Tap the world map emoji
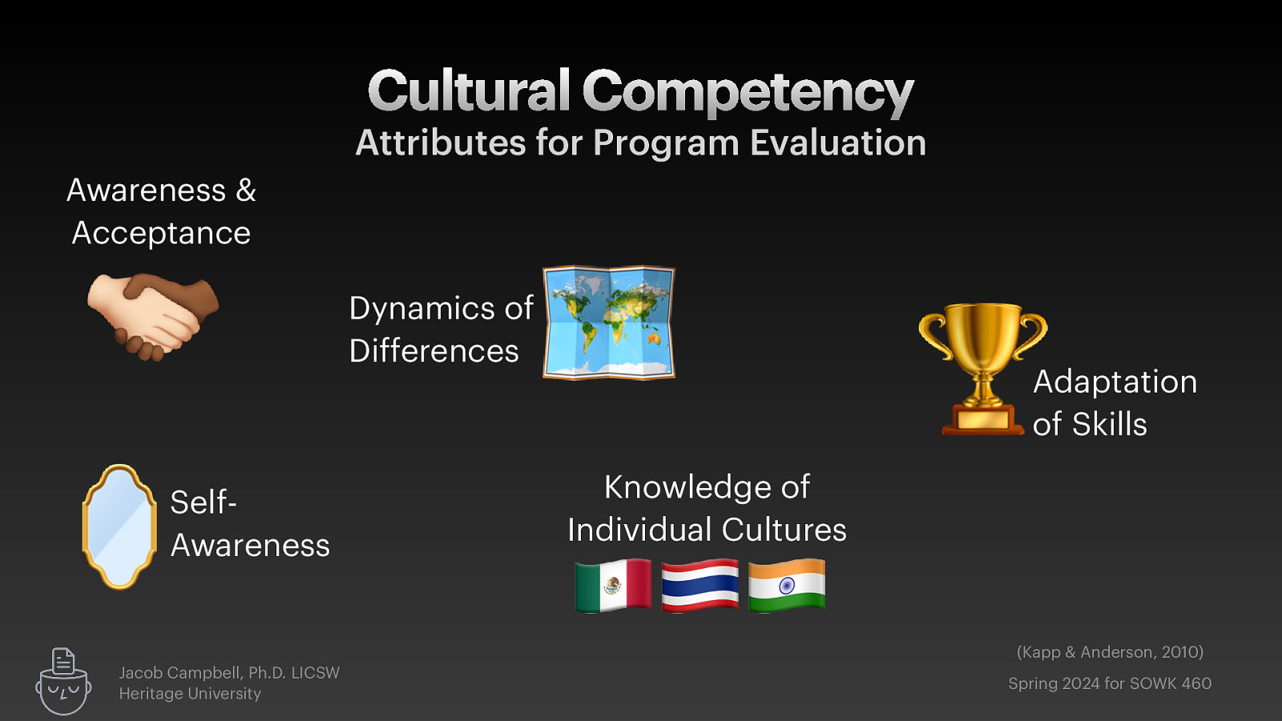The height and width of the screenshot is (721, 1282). point(609,322)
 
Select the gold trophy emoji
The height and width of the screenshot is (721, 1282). point(982,369)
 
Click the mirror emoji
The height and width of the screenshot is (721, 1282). point(119,526)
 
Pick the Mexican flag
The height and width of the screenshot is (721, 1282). point(613,586)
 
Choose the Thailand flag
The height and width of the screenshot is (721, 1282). point(700,586)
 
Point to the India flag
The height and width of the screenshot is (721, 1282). point(787,586)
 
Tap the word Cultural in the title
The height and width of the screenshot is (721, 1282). point(469,91)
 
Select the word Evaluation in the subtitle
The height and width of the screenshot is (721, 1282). point(838,143)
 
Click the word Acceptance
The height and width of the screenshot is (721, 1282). point(161,234)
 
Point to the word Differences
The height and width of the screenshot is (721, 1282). point(433,352)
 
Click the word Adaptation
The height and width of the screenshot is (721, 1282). point(1115,382)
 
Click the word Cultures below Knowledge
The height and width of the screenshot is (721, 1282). point(784,530)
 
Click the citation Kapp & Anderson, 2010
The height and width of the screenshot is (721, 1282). point(1110,652)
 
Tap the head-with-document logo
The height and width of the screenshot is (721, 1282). point(63,682)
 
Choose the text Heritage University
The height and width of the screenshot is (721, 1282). point(190,694)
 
